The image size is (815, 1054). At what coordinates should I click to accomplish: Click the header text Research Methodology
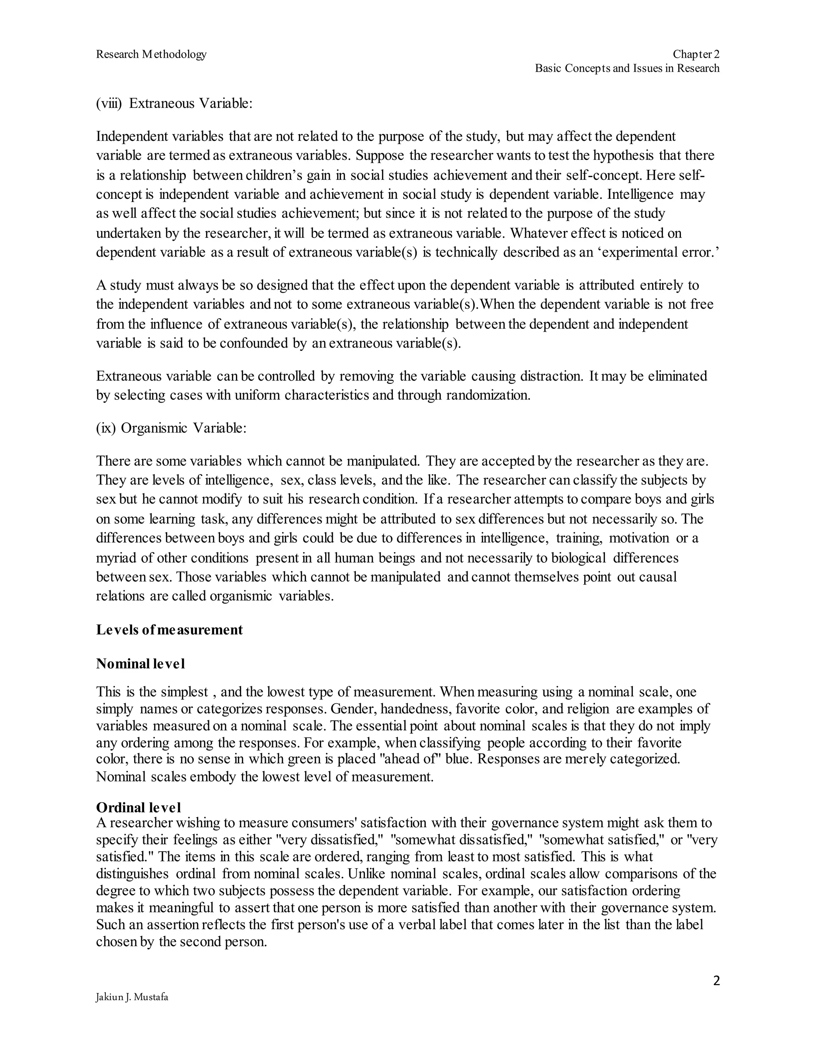151,54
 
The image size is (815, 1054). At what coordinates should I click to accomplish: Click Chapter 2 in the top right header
696,54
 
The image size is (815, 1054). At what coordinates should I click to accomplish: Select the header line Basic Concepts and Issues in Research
627,68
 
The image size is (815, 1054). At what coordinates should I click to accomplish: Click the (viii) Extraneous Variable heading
174,103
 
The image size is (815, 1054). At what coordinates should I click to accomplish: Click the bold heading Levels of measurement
170,630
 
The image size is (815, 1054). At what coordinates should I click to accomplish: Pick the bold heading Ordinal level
138,807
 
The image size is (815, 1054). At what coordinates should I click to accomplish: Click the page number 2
716,981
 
